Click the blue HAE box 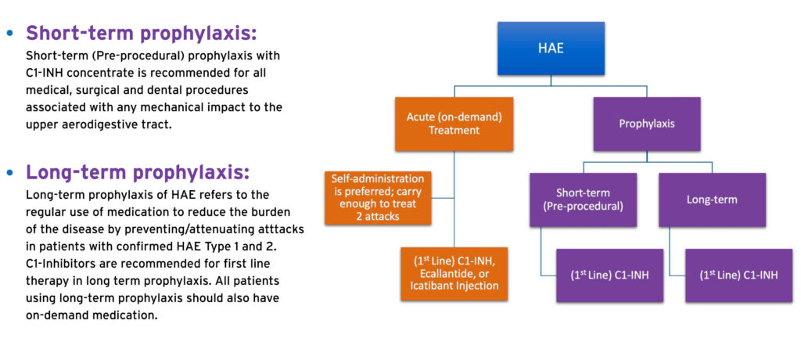click(x=551, y=48)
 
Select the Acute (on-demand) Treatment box click(x=454, y=124)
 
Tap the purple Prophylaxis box click(x=647, y=124)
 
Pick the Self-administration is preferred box click(x=378, y=198)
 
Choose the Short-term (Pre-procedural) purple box click(x=583, y=200)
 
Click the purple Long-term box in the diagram click(x=712, y=200)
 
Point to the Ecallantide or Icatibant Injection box click(x=454, y=274)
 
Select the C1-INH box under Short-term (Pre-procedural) click(x=609, y=275)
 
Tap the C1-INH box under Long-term click(x=738, y=275)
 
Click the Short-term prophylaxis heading click(x=141, y=33)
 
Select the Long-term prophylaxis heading click(x=138, y=173)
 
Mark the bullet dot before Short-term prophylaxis click(x=9, y=34)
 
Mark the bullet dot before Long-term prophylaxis click(x=9, y=174)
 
